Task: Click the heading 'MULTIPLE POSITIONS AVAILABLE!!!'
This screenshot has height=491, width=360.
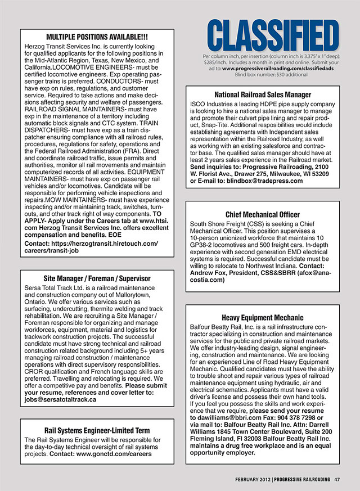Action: point(96,37)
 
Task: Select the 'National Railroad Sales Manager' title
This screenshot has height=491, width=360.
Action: point(262,94)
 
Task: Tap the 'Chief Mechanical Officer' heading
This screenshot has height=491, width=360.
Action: point(262,214)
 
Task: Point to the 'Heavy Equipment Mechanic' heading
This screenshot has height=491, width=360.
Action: point(262,317)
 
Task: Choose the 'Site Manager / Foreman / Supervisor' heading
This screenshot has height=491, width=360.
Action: point(97,278)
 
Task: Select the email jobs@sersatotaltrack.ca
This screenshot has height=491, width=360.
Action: point(61,399)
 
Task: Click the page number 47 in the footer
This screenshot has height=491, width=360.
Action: point(336,479)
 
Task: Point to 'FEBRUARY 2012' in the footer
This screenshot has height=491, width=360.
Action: point(253,479)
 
